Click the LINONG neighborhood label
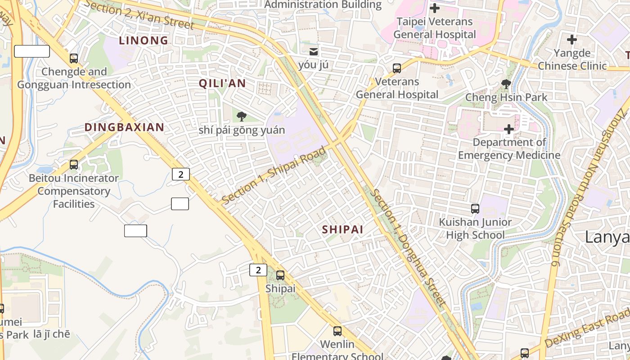(x=144, y=40)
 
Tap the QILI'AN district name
(x=222, y=83)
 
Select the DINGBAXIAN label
(x=124, y=127)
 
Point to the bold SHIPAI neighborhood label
(x=342, y=229)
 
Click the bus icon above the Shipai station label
(x=280, y=275)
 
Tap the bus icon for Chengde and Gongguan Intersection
(x=74, y=58)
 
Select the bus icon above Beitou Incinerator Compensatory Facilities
(x=74, y=165)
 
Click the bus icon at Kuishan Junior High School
(x=475, y=209)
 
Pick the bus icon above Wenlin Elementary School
(x=337, y=331)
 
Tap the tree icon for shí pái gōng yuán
(x=242, y=117)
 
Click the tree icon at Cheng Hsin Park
(x=506, y=84)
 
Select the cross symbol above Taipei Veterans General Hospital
(x=435, y=8)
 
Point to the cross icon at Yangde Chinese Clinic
(x=572, y=40)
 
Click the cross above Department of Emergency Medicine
(x=509, y=129)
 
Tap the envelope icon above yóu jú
(x=313, y=51)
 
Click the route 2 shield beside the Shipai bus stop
(x=258, y=270)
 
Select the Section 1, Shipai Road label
(x=274, y=175)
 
